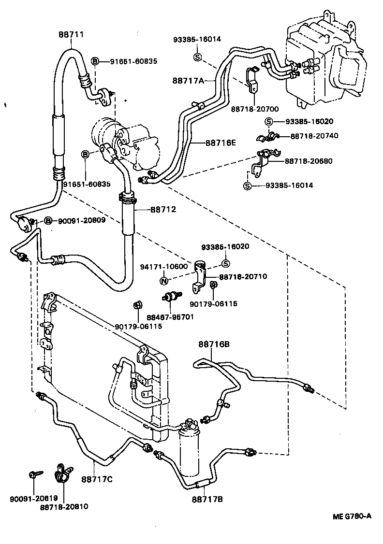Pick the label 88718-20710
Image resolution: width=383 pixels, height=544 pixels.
[x=243, y=276]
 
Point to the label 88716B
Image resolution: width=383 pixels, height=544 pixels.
[x=213, y=344]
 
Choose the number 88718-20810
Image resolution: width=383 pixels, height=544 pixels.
[x=64, y=507]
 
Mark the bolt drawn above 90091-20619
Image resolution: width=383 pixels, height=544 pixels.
[x=33, y=476]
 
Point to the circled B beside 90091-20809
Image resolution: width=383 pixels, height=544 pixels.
[x=48, y=221]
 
